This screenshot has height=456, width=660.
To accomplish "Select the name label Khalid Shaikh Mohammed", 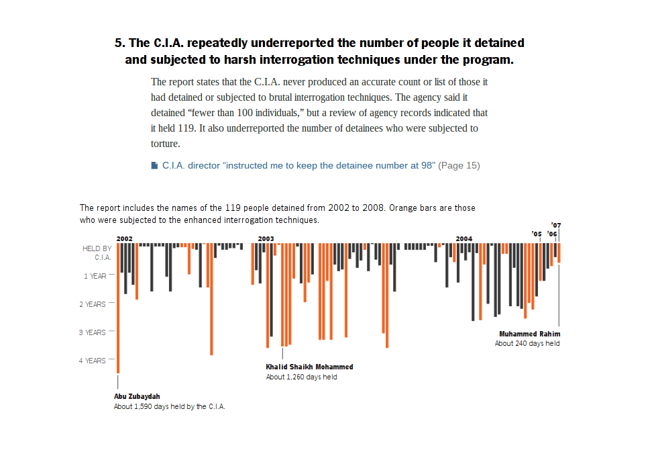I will click(x=309, y=367).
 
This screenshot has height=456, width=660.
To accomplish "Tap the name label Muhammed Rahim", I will click(x=529, y=334).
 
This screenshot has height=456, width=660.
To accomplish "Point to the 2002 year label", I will click(x=124, y=238).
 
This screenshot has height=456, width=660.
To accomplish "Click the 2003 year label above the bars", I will click(x=266, y=238).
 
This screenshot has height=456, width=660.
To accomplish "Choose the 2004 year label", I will click(x=463, y=238).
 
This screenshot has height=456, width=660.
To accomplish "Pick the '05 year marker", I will click(x=537, y=234).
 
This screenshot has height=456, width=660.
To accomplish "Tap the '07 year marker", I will click(x=555, y=225).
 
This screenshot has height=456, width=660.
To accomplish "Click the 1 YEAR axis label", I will click(x=95, y=276).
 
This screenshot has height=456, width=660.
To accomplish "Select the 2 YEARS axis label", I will click(x=95, y=304).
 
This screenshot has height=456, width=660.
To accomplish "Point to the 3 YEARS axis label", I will click(x=95, y=332).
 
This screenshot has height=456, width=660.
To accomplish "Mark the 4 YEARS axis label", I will click(x=95, y=361).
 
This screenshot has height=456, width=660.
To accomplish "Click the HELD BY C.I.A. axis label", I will click(x=97, y=253).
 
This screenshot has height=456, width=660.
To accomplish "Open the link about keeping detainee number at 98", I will click(x=298, y=165).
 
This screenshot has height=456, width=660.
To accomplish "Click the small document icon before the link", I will click(x=154, y=165).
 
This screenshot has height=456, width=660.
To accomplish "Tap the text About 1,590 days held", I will click(x=169, y=406).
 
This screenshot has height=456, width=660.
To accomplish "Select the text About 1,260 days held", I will click(x=301, y=377).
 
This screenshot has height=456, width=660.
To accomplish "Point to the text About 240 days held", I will click(x=527, y=343).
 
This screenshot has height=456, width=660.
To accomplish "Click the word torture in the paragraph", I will click(x=164, y=143).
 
